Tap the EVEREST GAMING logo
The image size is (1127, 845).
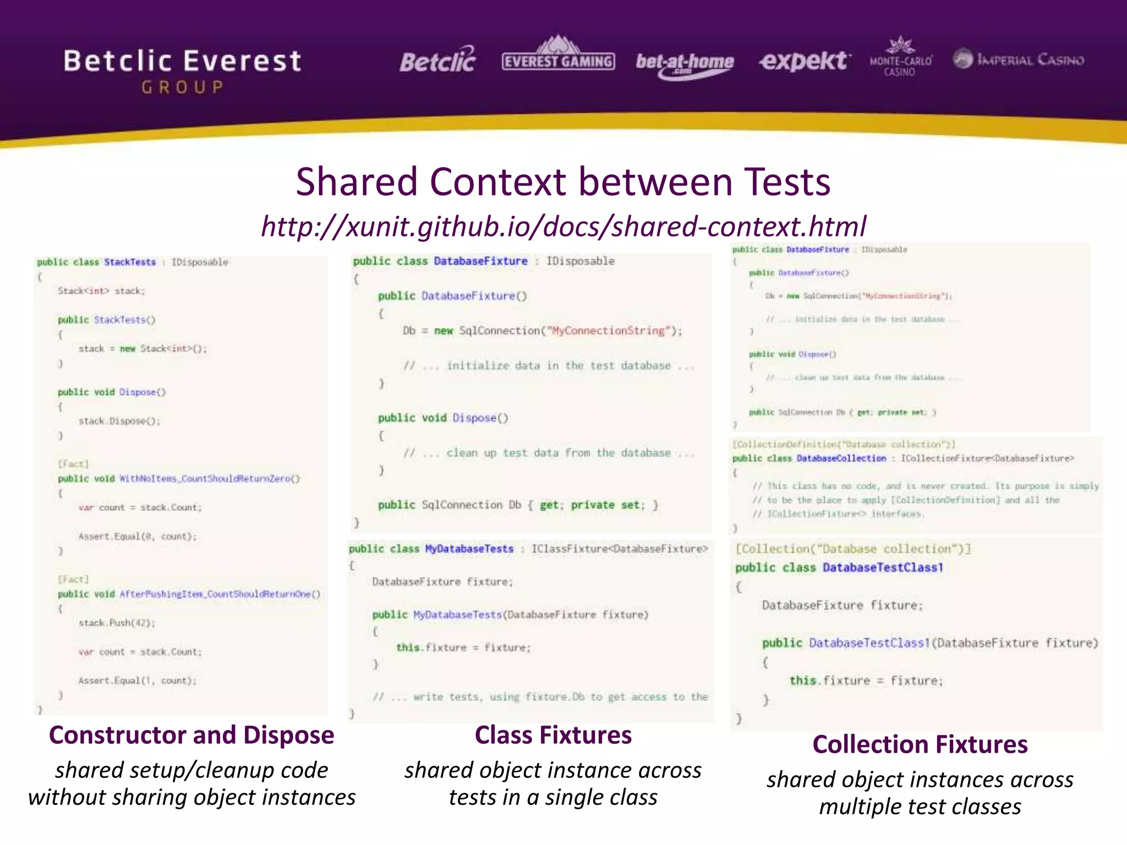coord(558,58)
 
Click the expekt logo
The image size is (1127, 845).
coord(805,61)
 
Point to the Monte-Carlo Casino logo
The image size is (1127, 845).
coord(900,58)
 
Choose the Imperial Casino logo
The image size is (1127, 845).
coord(1019,59)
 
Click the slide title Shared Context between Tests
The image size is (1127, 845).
coord(562,182)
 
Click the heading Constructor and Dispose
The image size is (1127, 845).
coord(192,736)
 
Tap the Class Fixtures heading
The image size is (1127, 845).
coord(553,736)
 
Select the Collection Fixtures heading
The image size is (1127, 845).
coord(920,745)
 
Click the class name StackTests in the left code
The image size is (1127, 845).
coord(130,262)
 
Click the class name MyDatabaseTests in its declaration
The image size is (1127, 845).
coord(469,549)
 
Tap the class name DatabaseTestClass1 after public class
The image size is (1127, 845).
coord(883,568)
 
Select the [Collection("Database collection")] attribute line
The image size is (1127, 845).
coord(853,549)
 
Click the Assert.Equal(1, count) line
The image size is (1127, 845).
coord(137,681)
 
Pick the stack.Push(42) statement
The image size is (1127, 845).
coord(117,623)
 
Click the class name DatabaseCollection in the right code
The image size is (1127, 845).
coord(841,458)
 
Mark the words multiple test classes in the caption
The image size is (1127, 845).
coord(920,807)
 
